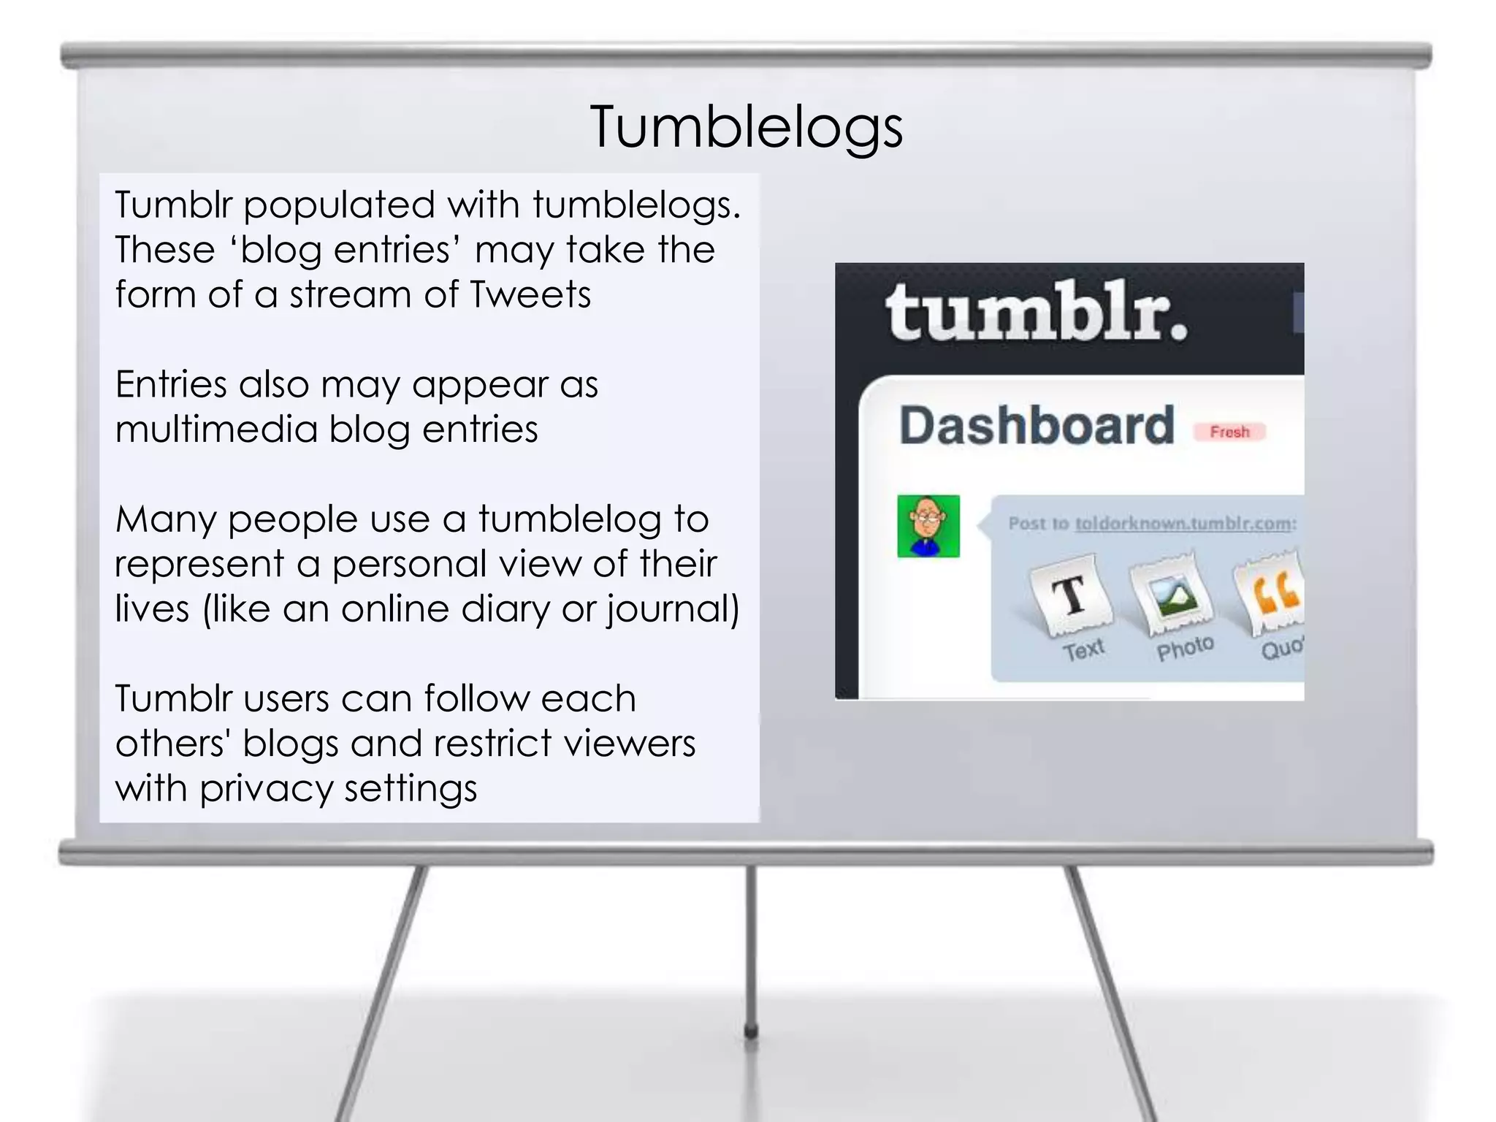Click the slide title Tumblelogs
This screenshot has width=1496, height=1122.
point(747,127)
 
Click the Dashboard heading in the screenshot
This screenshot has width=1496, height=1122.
point(1037,426)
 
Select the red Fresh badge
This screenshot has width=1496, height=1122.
point(1229,432)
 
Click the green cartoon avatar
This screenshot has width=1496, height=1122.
point(928,526)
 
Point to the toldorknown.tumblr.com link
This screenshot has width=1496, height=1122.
point(1185,523)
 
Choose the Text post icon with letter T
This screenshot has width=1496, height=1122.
point(1072,594)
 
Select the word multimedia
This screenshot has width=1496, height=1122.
point(216,429)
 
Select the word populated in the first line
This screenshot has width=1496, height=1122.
point(339,205)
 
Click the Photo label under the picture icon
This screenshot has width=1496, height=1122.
point(1185,647)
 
